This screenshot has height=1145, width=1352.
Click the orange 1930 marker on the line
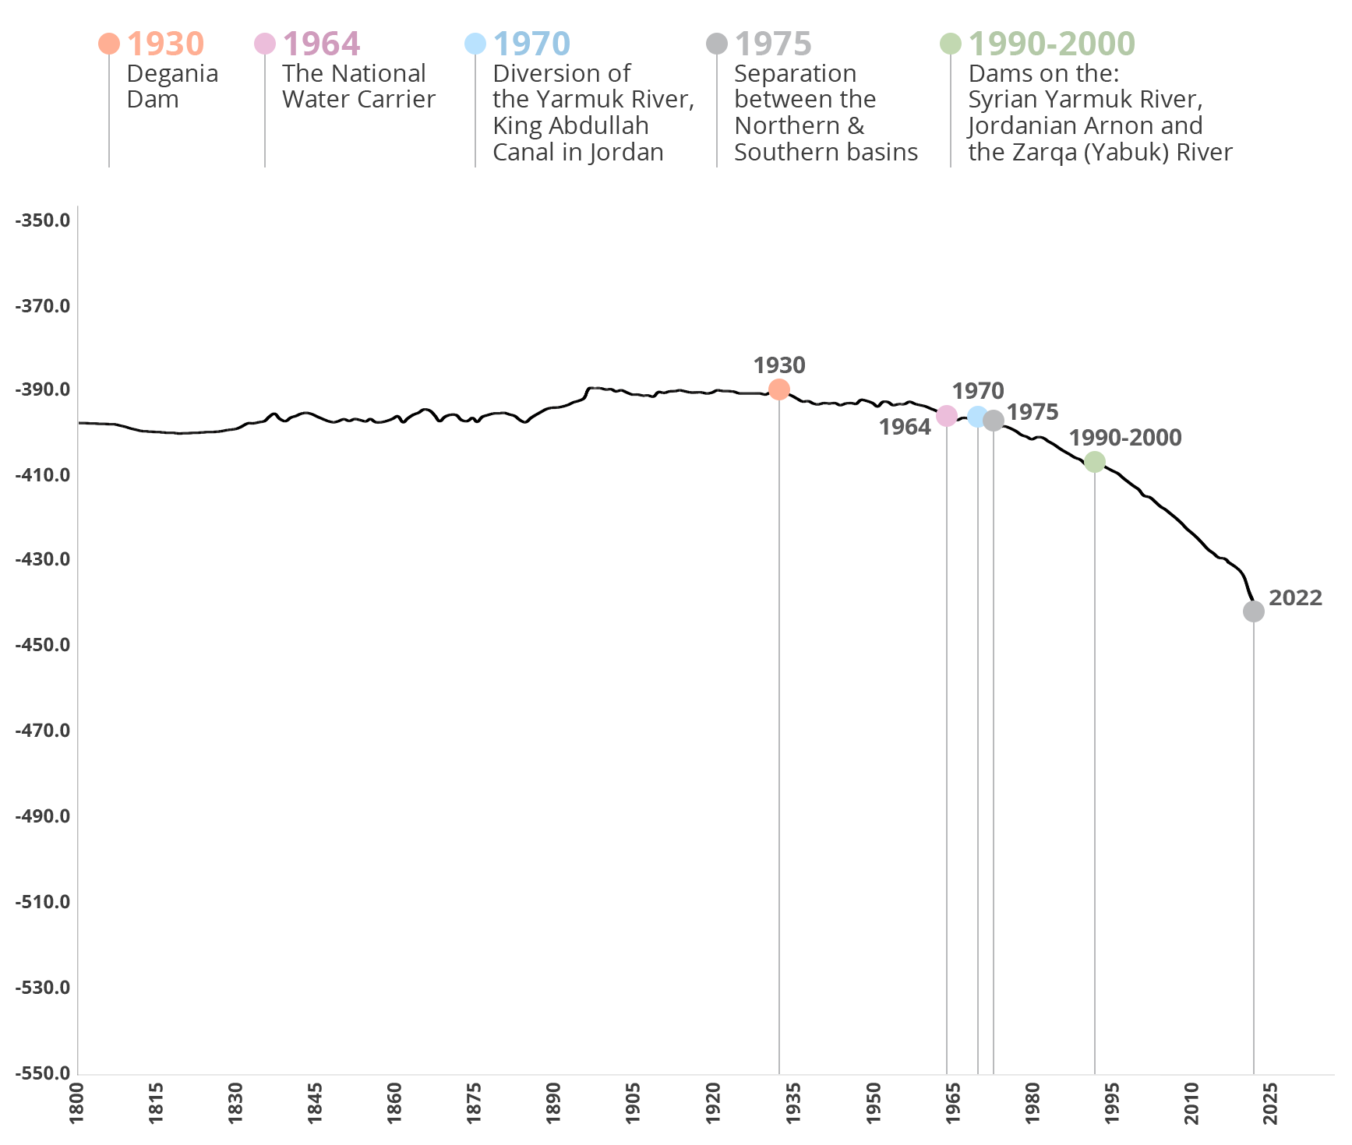pyautogui.click(x=779, y=389)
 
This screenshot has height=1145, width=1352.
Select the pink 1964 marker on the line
pyautogui.click(x=946, y=416)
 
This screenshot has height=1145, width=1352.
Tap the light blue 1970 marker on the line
pyautogui.click(x=977, y=417)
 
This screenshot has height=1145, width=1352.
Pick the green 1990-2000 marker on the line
pyautogui.click(x=1094, y=462)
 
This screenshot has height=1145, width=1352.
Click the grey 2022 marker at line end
pyautogui.click(x=1253, y=611)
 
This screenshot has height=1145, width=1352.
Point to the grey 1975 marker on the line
pyautogui.click(x=993, y=421)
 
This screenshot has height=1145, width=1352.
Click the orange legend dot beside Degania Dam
pyautogui.click(x=109, y=44)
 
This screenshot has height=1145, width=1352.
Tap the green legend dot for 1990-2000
pyautogui.click(x=951, y=44)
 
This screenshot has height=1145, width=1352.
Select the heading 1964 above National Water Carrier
pyautogui.click(x=321, y=44)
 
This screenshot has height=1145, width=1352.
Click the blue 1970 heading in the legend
pyautogui.click(x=531, y=44)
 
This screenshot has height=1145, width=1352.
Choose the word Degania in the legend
pyautogui.click(x=172, y=74)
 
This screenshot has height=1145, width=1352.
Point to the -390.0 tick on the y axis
pyautogui.click(x=43, y=389)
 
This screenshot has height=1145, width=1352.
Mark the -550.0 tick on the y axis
pyautogui.click(x=43, y=1073)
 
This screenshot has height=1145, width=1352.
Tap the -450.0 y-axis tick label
pyautogui.click(x=43, y=645)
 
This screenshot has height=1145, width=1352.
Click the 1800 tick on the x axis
pyautogui.click(x=76, y=1103)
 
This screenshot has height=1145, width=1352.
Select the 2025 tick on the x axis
pyautogui.click(x=1271, y=1103)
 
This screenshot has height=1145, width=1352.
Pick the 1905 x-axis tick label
pyautogui.click(x=634, y=1103)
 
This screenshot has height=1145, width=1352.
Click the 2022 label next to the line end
pyautogui.click(x=1295, y=598)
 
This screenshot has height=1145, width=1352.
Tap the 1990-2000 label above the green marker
pyautogui.click(x=1124, y=438)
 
